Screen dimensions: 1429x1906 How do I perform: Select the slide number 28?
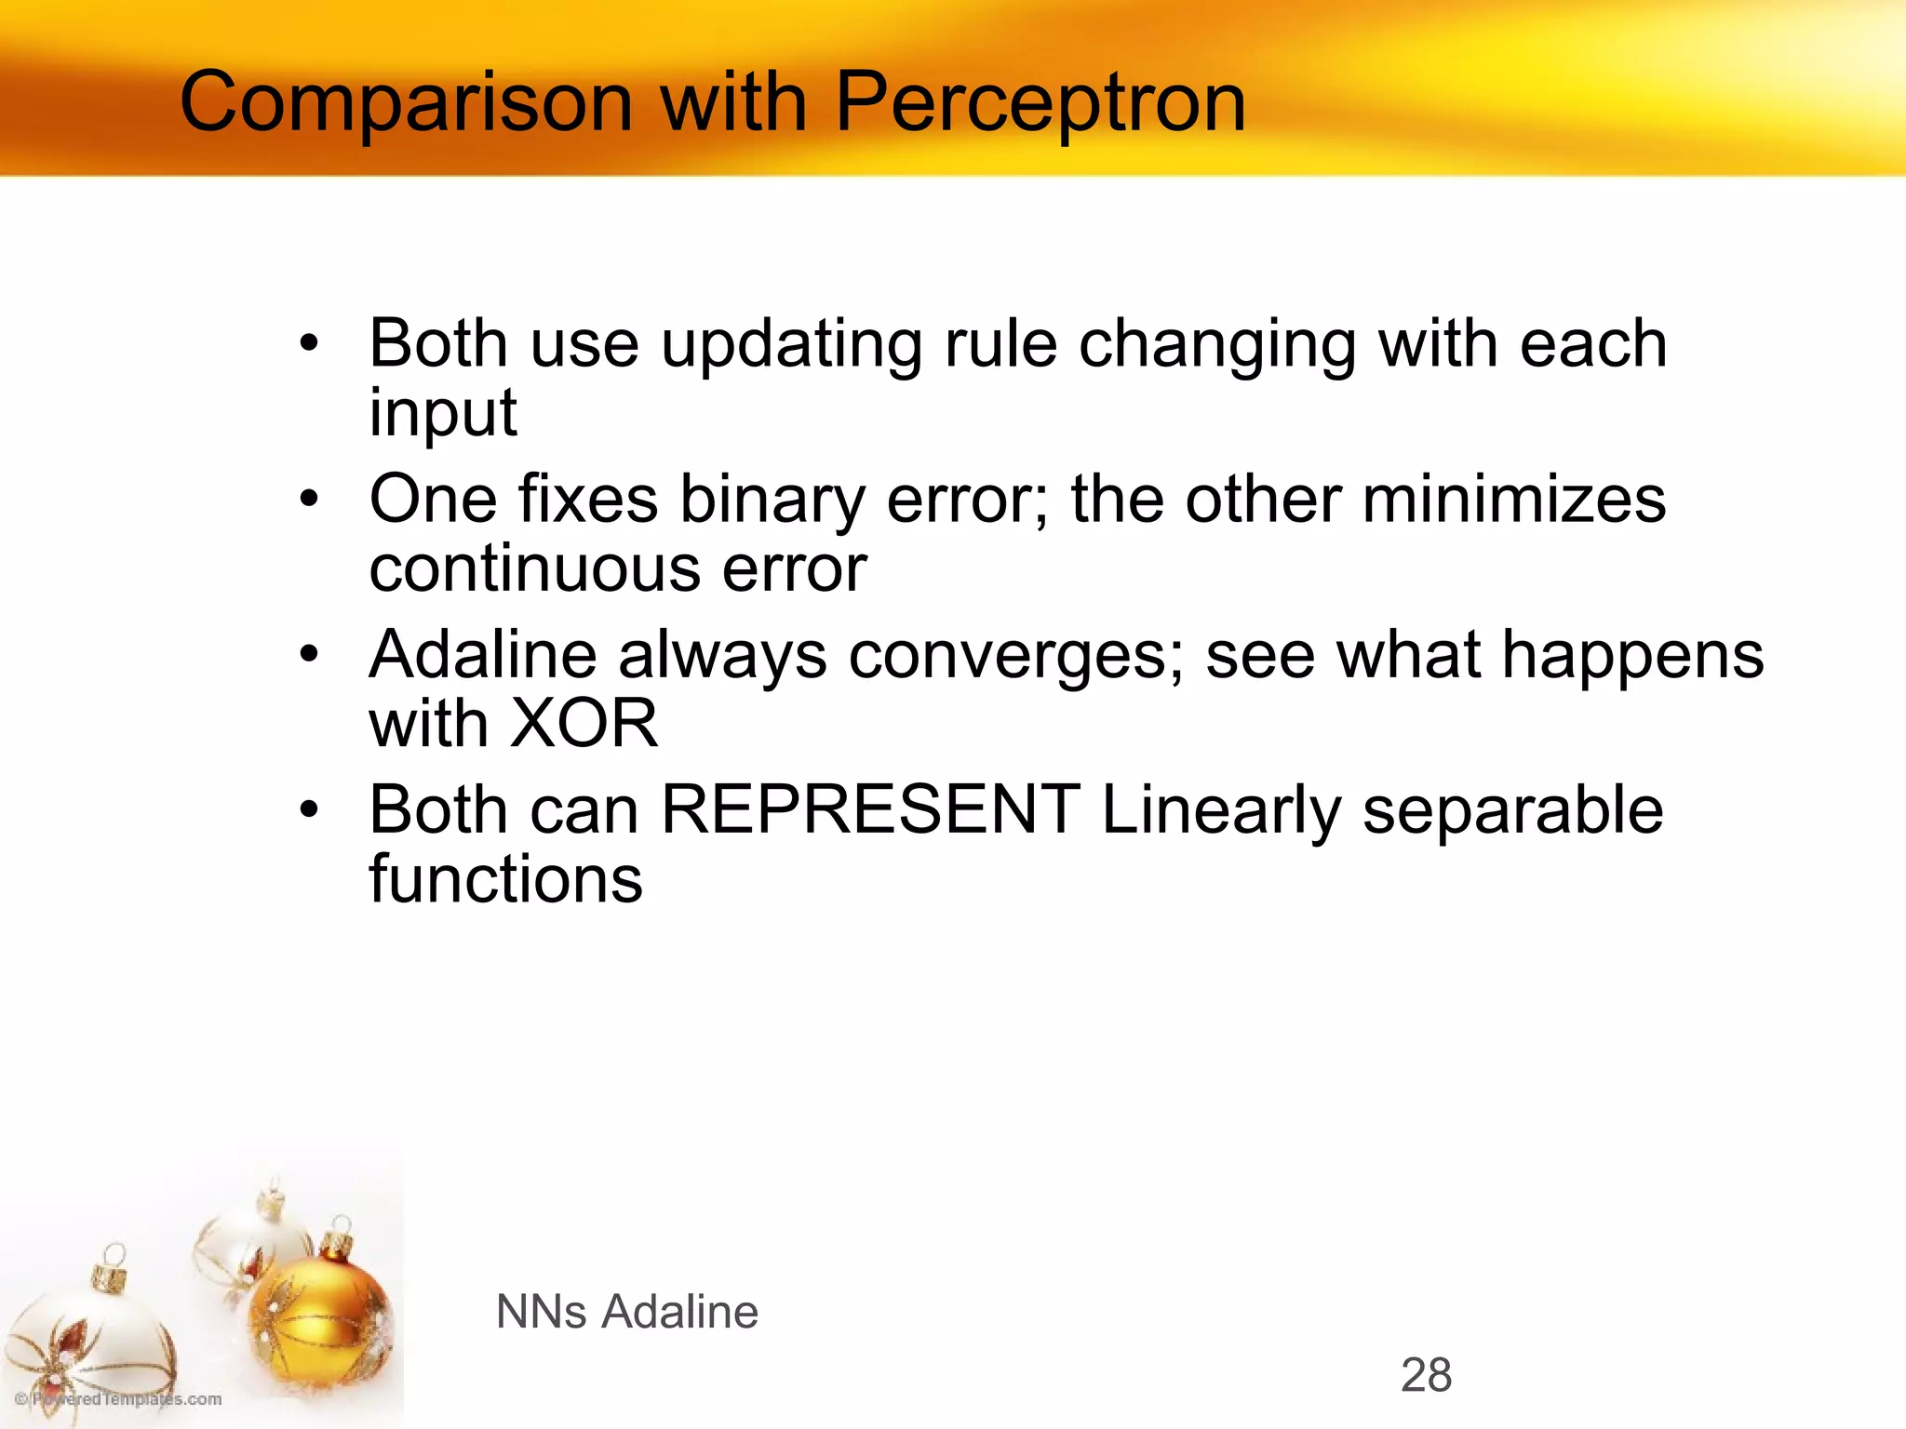[x=1426, y=1375]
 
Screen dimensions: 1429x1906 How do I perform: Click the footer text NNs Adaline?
[x=627, y=1312]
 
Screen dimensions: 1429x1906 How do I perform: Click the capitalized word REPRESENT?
[x=870, y=809]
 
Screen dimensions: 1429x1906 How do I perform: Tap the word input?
[x=442, y=413]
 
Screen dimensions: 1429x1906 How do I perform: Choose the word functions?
[x=505, y=878]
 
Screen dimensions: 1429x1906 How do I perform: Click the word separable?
[x=1512, y=809]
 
